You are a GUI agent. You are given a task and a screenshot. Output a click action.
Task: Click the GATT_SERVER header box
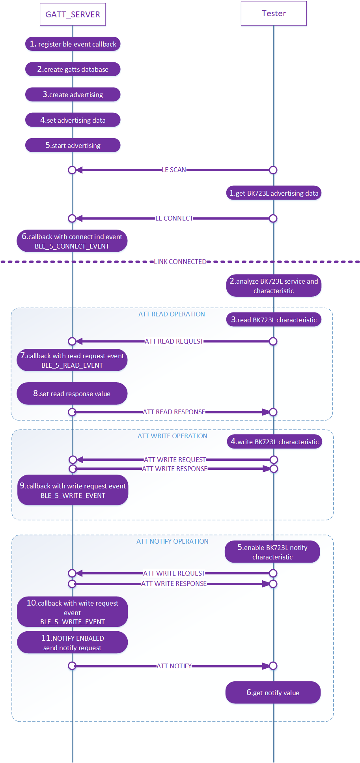(x=73, y=15)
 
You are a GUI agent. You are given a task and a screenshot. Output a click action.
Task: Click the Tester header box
(x=274, y=13)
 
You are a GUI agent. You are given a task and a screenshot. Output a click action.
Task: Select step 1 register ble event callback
(x=73, y=44)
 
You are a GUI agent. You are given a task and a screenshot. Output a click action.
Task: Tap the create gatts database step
(x=73, y=69)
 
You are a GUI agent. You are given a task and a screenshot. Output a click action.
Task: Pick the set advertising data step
(x=73, y=120)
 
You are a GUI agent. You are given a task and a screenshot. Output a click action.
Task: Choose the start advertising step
(x=73, y=145)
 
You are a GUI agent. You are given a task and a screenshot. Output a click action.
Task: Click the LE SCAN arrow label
(x=174, y=170)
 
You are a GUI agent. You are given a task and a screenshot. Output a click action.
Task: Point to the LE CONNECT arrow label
(x=174, y=219)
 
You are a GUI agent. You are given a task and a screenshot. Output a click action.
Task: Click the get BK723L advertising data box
(x=274, y=193)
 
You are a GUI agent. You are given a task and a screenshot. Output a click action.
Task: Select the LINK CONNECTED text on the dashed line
(x=180, y=262)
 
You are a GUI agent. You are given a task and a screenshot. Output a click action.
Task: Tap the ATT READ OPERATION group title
(x=172, y=314)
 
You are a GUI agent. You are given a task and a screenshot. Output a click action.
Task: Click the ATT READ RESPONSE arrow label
(x=173, y=412)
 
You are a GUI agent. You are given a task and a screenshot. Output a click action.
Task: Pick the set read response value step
(x=72, y=394)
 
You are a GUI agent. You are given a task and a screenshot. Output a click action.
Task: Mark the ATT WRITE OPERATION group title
(x=172, y=436)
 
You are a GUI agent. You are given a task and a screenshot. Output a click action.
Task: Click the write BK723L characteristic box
(x=274, y=442)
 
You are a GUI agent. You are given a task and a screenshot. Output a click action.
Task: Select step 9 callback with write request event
(x=73, y=490)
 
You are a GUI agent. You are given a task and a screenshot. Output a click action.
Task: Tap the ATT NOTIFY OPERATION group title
(x=172, y=541)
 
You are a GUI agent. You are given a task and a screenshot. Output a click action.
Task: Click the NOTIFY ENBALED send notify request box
(x=73, y=643)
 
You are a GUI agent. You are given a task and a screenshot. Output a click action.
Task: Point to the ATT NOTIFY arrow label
(x=174, y=666)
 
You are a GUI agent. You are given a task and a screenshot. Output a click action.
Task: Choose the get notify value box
(x=273, y=693)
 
